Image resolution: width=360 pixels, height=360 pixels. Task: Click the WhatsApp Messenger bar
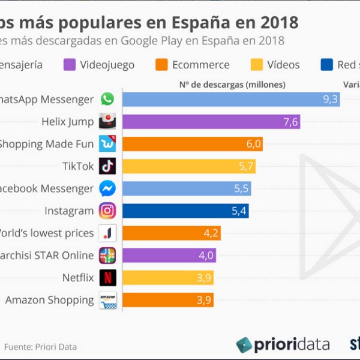point(231,100)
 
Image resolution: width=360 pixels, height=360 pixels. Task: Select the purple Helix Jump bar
point(211,122)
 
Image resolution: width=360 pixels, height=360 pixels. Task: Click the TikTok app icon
point(107,166)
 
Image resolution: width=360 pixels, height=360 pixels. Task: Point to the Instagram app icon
point(107,211)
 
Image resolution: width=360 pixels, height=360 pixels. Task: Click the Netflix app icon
point(107,278)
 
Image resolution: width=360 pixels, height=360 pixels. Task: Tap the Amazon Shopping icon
point(107,300)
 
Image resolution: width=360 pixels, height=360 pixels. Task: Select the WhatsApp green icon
point(107,100)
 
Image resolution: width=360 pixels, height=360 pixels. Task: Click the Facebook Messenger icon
point(107,188)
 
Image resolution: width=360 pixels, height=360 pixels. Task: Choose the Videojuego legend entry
point(98,65)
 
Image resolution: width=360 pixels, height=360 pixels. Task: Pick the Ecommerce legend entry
point(192,65)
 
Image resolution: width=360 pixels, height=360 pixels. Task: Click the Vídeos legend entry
point(276,65)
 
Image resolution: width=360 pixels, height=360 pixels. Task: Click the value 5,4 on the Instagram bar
point(239,211)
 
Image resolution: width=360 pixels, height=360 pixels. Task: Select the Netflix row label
point(78,278)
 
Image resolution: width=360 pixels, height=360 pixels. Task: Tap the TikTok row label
point(78,166)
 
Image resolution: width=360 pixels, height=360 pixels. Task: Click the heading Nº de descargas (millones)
point(232,85)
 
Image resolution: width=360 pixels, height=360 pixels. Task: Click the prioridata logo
point(283,344)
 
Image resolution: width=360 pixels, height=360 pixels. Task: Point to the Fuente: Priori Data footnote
point(40,347)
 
